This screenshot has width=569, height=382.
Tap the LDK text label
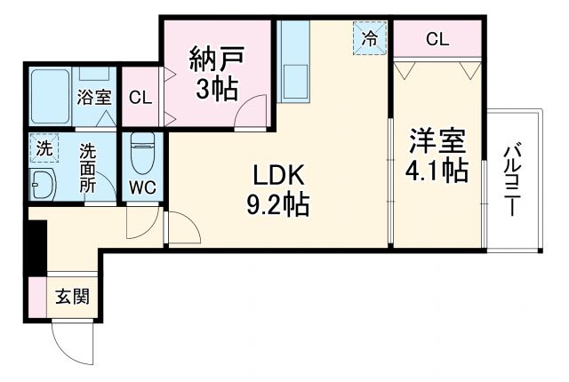[x=276, y=174]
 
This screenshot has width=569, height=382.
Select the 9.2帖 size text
[x=276, y=206]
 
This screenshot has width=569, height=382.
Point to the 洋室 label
[x=437, y=140]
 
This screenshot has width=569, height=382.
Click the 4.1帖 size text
[x=437, y=171]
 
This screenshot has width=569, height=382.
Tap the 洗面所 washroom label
[x=88, y=168]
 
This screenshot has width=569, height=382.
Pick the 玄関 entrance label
[x=72, y=298]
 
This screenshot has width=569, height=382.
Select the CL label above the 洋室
[x=437, y=38]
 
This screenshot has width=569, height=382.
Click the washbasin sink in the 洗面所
[x=42, y=185]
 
